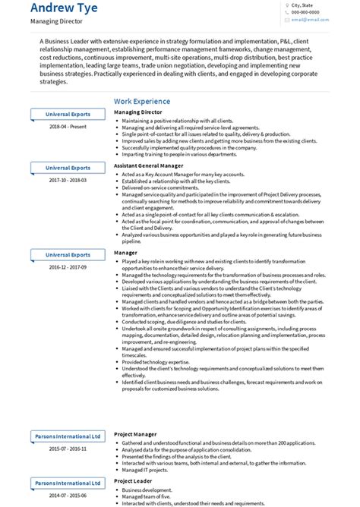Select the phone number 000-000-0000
(x=305, y=13)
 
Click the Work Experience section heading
(x=142, y=101)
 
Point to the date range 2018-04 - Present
(x=68, y=126)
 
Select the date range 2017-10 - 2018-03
(x=68, y=180)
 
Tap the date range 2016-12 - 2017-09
(x=68, y=267)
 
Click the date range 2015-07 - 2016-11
(x=68, y=449)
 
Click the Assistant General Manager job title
(x=148, y=165)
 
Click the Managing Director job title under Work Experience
(x=138, y=112)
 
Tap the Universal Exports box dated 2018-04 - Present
(x=68, y=114)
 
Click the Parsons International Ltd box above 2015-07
(x=68, y=436)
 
